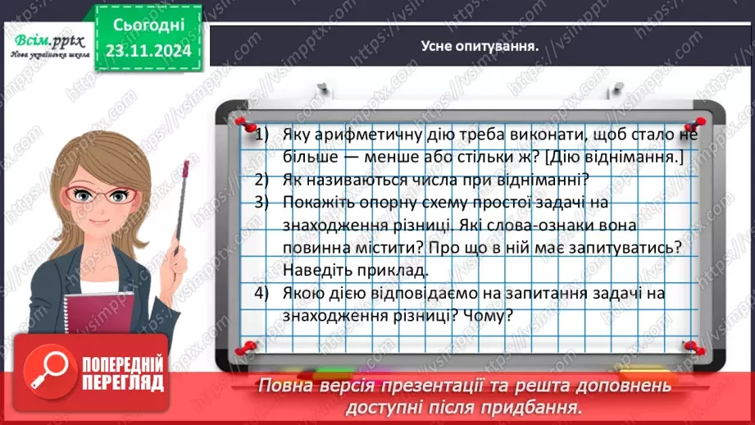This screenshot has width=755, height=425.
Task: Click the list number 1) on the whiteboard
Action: pyautogui.click(x=262, y=135)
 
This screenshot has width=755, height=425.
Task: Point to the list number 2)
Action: pyautogui.click(x=262, y=180)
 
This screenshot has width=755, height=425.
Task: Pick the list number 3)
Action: pyautogui.click(x=262, y=202)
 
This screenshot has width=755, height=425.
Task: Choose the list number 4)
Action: pyautogui.click(x=262, y=292)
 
